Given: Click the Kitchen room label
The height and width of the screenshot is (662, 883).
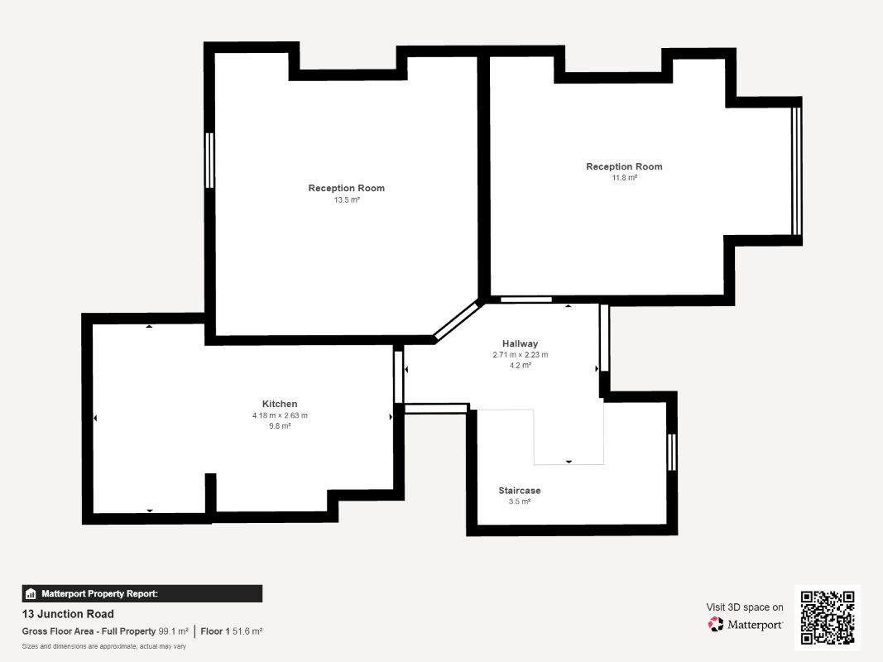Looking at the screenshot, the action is pyautogui.click(x=280, y=404).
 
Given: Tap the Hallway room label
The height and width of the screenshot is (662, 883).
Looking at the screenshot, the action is pyautogui.click(x=520, y=343).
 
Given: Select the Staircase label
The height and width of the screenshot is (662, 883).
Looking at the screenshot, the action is pyautogui.click(x=519, y=491).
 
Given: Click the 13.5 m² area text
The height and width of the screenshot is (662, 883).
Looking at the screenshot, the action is pyautogui.click(x=346, y=199).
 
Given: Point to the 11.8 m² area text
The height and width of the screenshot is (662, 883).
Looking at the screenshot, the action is pyautogui.click(x=624, y=178).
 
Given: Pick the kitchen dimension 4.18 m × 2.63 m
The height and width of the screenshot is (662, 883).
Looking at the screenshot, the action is pyautogui.click(x=280, y=415).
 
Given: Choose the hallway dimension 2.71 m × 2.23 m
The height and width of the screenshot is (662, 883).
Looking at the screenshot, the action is pyautogui.click(x=520, y=355).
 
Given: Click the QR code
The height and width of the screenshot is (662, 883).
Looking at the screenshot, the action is pyautogui.click(x=828, y=617).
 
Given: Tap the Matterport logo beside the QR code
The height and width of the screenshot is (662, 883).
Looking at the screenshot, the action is pyautogui.click(x=745, y=624).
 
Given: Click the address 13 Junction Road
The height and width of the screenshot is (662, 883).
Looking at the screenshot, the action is pyautogui.click(x=68, y=613).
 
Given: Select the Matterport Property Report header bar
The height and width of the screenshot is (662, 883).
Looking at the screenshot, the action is pyautogui.click(x=142, y=593).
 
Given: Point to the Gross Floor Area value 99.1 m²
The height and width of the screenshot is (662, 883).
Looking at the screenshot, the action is pyautogui.click(x=173, y=631).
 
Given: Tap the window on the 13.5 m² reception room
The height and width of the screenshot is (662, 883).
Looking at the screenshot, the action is pyautogui.click(x=209, y=160).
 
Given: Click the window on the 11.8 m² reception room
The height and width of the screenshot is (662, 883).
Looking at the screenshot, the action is pyautogui.click(x=796, y=171).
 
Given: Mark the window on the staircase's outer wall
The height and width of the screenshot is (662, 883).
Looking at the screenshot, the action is pyautogui.click(x=671, y=452).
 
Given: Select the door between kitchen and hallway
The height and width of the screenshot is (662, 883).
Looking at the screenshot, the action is pyautogui.click(x=399, y=377).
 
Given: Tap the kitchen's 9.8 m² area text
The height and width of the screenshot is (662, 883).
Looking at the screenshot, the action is pyautogui.click(x=280, y=426).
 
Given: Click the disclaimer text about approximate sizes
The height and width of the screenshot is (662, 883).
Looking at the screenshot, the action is pyautogui.click(x=103, y=646).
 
